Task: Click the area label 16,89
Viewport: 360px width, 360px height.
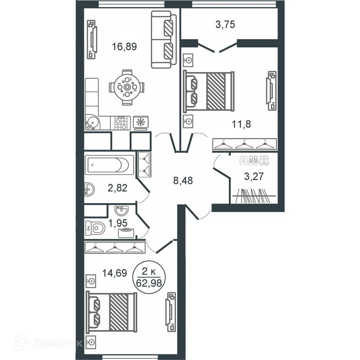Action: click(124, 47)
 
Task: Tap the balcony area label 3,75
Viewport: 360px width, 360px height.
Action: click(225, 25)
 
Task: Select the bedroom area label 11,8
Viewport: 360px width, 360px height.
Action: click(241, 124)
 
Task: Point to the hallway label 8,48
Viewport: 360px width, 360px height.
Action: click(183, 181)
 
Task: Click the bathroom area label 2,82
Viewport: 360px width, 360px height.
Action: click(118, 188)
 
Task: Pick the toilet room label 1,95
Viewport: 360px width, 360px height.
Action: click(118, 223)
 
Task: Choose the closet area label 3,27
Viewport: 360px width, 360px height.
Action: click(254, 176)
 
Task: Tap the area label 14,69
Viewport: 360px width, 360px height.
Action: click(115, 273)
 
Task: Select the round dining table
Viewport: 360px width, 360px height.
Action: click(127, 87)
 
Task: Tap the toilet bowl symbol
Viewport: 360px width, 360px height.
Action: click(95, 228)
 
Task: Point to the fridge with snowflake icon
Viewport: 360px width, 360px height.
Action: click(141, 123)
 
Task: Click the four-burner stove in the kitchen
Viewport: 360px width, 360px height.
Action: click(120, 123)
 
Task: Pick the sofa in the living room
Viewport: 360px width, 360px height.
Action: click(164, 39)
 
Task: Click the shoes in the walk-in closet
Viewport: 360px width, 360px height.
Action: click(254, 160)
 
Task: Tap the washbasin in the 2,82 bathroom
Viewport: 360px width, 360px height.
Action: click(89, 189)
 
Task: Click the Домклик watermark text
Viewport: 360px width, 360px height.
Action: click(57, 343)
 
